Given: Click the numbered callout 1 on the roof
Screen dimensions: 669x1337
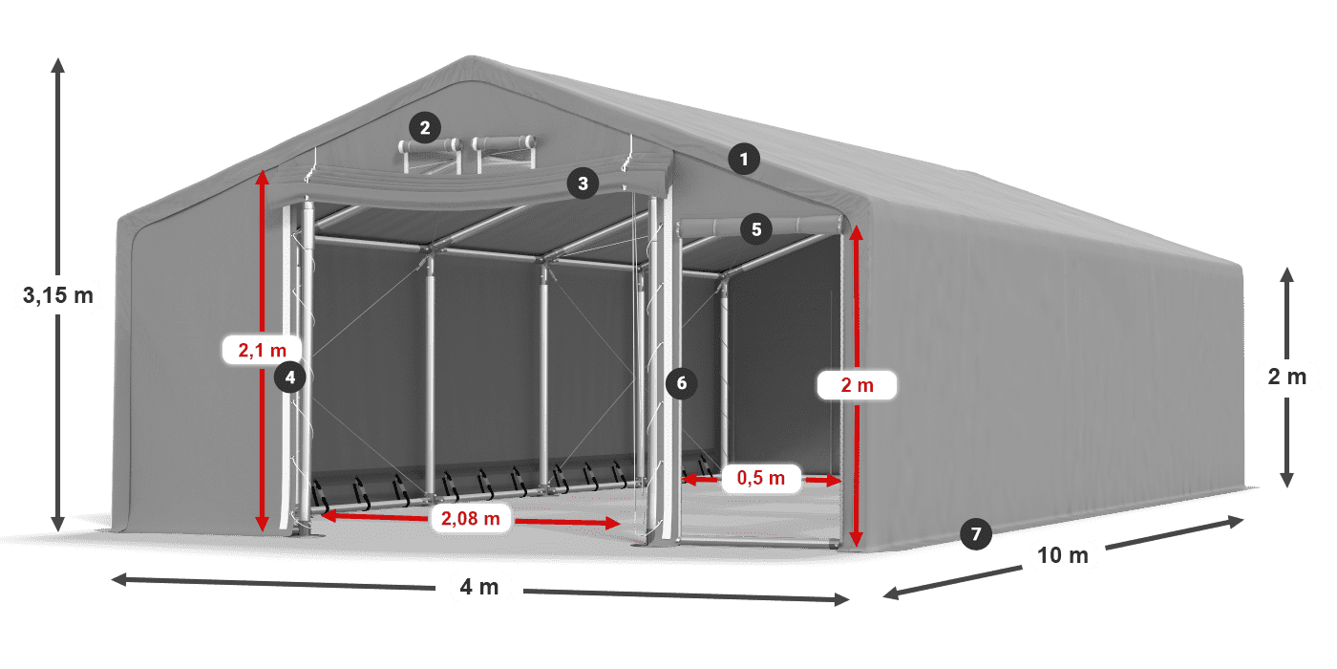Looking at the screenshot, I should tap(744, 159).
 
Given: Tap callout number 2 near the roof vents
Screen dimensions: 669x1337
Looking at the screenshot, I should tap(425, 126).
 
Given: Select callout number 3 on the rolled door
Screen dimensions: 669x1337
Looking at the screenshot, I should tap(584, 183).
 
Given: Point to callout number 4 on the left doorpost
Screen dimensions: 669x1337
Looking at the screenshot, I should tap(290, 378).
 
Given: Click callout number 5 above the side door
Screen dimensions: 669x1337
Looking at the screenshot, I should tap(756, 228).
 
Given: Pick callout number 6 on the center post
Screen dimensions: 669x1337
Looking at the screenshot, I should tap(681, 383).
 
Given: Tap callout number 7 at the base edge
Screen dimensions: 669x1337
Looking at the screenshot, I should tap(974, 534).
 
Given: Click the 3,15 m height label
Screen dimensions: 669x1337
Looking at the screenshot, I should tap(57, 296).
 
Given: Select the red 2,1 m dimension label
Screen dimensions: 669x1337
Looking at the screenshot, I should tap(263, 351).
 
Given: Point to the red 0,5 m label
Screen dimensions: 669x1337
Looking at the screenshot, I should tap(760, 478).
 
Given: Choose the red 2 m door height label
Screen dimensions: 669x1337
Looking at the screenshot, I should tap(857, 385).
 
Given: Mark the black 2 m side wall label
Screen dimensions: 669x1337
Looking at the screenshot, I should tap(1286, 377).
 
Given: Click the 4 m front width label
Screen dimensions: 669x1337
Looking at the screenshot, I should tap(479, 587).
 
